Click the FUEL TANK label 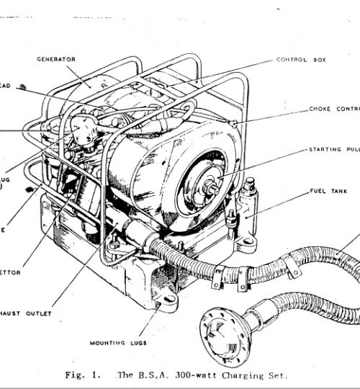(325, 191)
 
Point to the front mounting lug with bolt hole (167, 298)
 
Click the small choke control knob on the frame (235, 126)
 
